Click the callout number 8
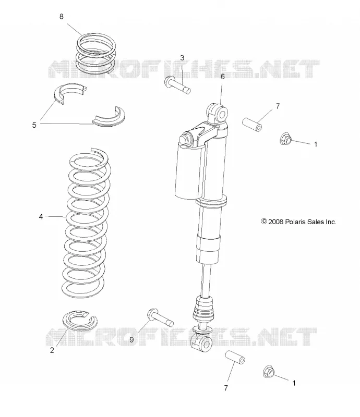pos(61,17)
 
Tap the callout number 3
pos(182,58)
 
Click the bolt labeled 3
pos(177,85)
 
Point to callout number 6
pos(223,77)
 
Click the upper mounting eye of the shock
pos(218,113)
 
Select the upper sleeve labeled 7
pos(252,125)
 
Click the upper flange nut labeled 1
pos(286,139)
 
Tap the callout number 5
pos(34,125)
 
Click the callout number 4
pos(41,217)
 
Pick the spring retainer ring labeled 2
pos(80,320)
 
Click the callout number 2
pos(52,350)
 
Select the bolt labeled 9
pos(160,317)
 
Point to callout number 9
pos(131,340)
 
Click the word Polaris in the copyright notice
pos(295,222)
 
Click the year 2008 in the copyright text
pos(276,222)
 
